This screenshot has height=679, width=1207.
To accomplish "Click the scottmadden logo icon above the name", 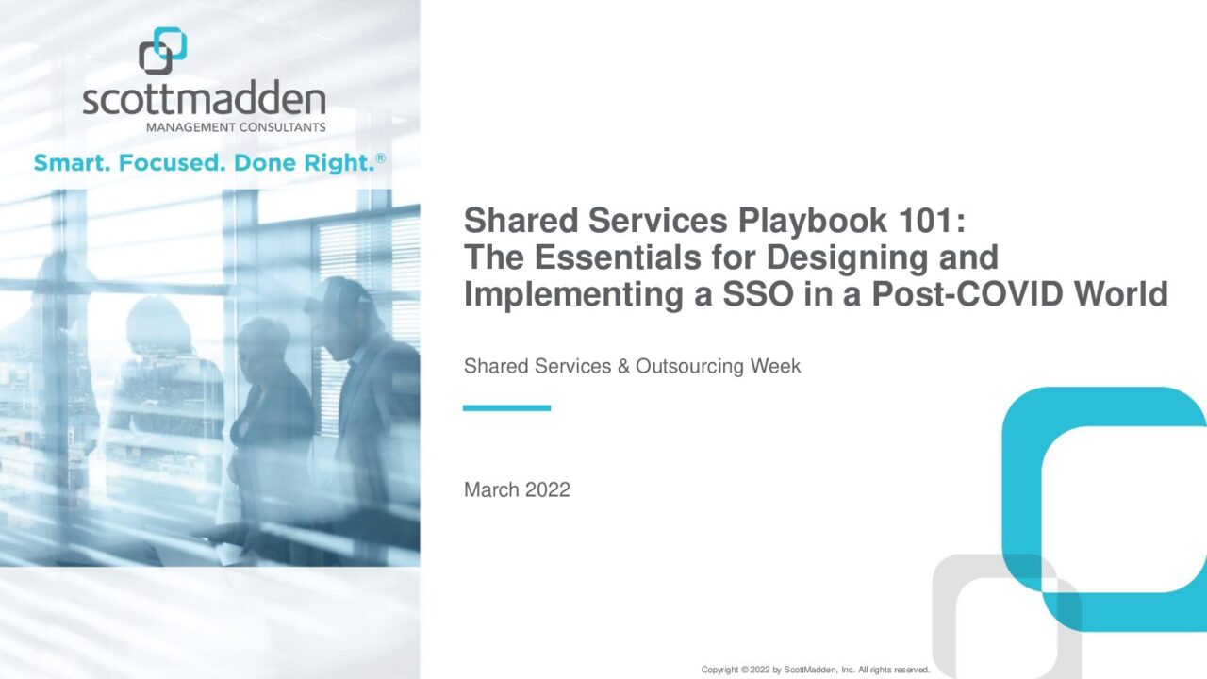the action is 163,51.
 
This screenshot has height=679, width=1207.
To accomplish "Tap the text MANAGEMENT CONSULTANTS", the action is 236,127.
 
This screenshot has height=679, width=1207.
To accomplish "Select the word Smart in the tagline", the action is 72,163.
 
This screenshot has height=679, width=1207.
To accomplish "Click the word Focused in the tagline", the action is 172,163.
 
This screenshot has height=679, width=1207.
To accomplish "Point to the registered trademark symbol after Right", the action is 380,158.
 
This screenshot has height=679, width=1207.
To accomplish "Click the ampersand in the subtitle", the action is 623,367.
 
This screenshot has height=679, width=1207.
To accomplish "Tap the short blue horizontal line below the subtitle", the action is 507,408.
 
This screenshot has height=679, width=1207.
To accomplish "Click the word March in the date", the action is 491,489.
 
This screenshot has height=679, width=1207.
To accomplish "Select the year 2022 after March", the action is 548,489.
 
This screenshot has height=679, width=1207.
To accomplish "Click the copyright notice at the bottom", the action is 816,670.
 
